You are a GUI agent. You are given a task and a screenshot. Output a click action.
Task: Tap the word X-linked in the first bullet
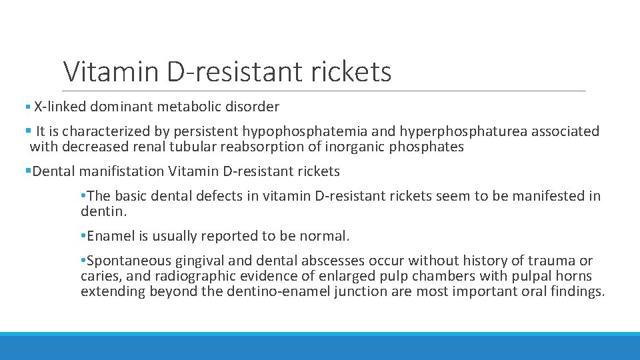click(59, 107)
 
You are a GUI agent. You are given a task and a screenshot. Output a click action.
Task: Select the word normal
click(325, 236)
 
